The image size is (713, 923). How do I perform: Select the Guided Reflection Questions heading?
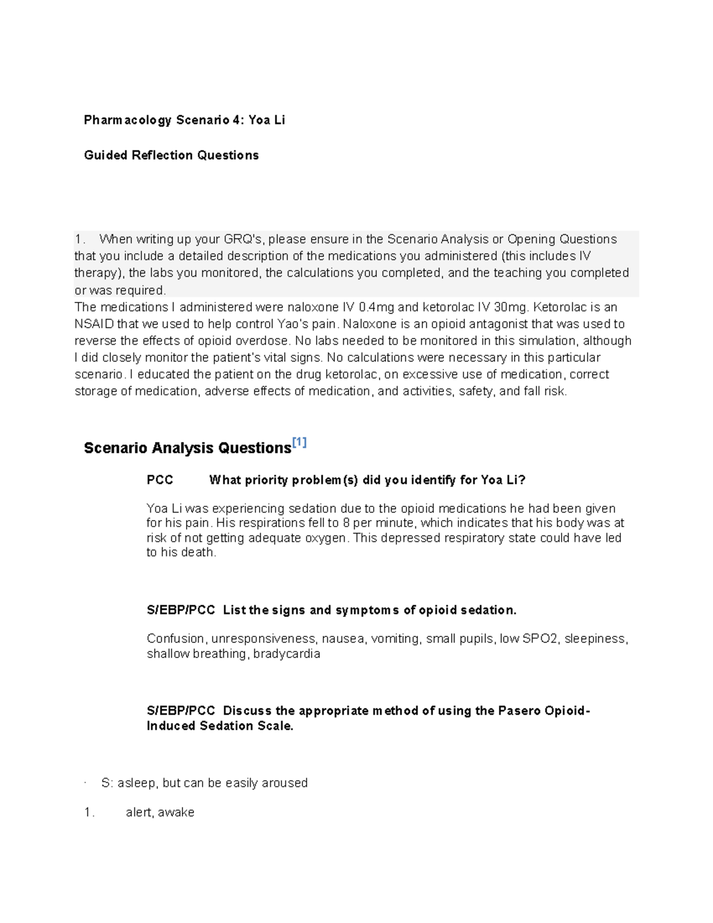[171, 155]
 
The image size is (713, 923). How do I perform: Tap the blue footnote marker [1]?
[299, 442]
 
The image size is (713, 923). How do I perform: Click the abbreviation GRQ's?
[242, 239]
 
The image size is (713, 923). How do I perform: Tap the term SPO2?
[540, 638]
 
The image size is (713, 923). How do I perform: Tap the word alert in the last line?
[139, 812]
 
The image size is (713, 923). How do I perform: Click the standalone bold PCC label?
[160, 480]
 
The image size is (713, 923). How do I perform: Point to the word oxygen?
[329, 538]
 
